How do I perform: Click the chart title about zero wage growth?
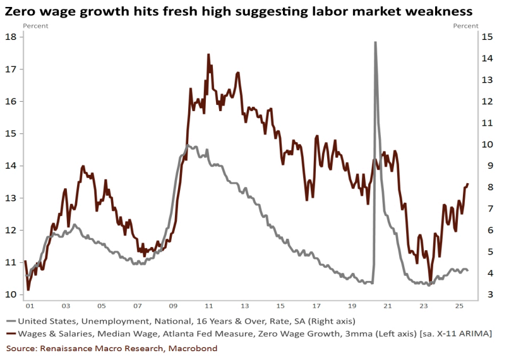click(x=239, y=11)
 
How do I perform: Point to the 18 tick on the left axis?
click(x=11, y=37)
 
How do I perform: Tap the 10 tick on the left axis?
click(x=11, y=294)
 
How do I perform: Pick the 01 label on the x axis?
click(x=29, y=306)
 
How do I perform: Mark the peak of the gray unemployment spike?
click(x=375, y=43)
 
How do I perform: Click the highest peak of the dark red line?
click(x=208, y=55)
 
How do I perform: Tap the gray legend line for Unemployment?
click(x=12, y=321)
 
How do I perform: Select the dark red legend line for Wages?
click(x=12, y=333)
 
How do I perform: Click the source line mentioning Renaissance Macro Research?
click(x=112, y=348)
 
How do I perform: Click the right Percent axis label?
click(x=465, y=26)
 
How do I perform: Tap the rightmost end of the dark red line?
click(x=468, y=184)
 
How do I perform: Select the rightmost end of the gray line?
click(x=468, y=270)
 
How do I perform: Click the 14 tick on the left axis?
click(x=11, y=165)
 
